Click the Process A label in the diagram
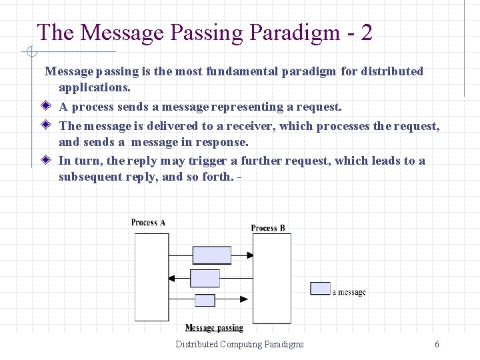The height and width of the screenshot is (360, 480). (x=148, y=223)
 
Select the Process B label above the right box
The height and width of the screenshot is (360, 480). (x=268, y=228)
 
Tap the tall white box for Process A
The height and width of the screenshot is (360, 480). (x=152, y=277)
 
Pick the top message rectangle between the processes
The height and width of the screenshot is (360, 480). (x=211, y=255)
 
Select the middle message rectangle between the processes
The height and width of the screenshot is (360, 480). (x=205, y=278)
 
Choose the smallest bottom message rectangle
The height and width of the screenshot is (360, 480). (x=205, y=300)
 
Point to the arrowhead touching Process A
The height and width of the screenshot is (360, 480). (x=173, y=278)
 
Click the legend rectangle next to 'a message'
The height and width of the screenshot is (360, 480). (x=321, y=288)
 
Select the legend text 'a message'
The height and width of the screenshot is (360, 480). (x=349, y=292)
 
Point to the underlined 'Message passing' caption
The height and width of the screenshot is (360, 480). (x=214, y=328)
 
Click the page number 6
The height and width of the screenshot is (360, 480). (x=437, y=344)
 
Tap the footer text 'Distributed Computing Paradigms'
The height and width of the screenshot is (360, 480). (x=239, y=344)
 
